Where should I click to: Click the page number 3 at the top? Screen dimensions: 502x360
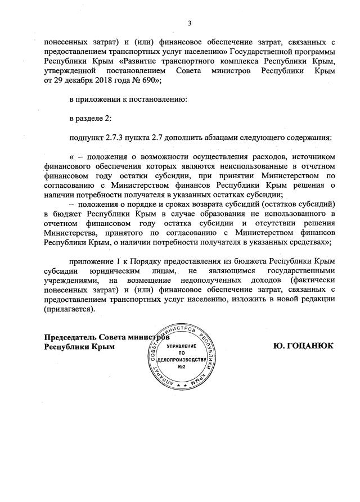[x=190, y=23]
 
